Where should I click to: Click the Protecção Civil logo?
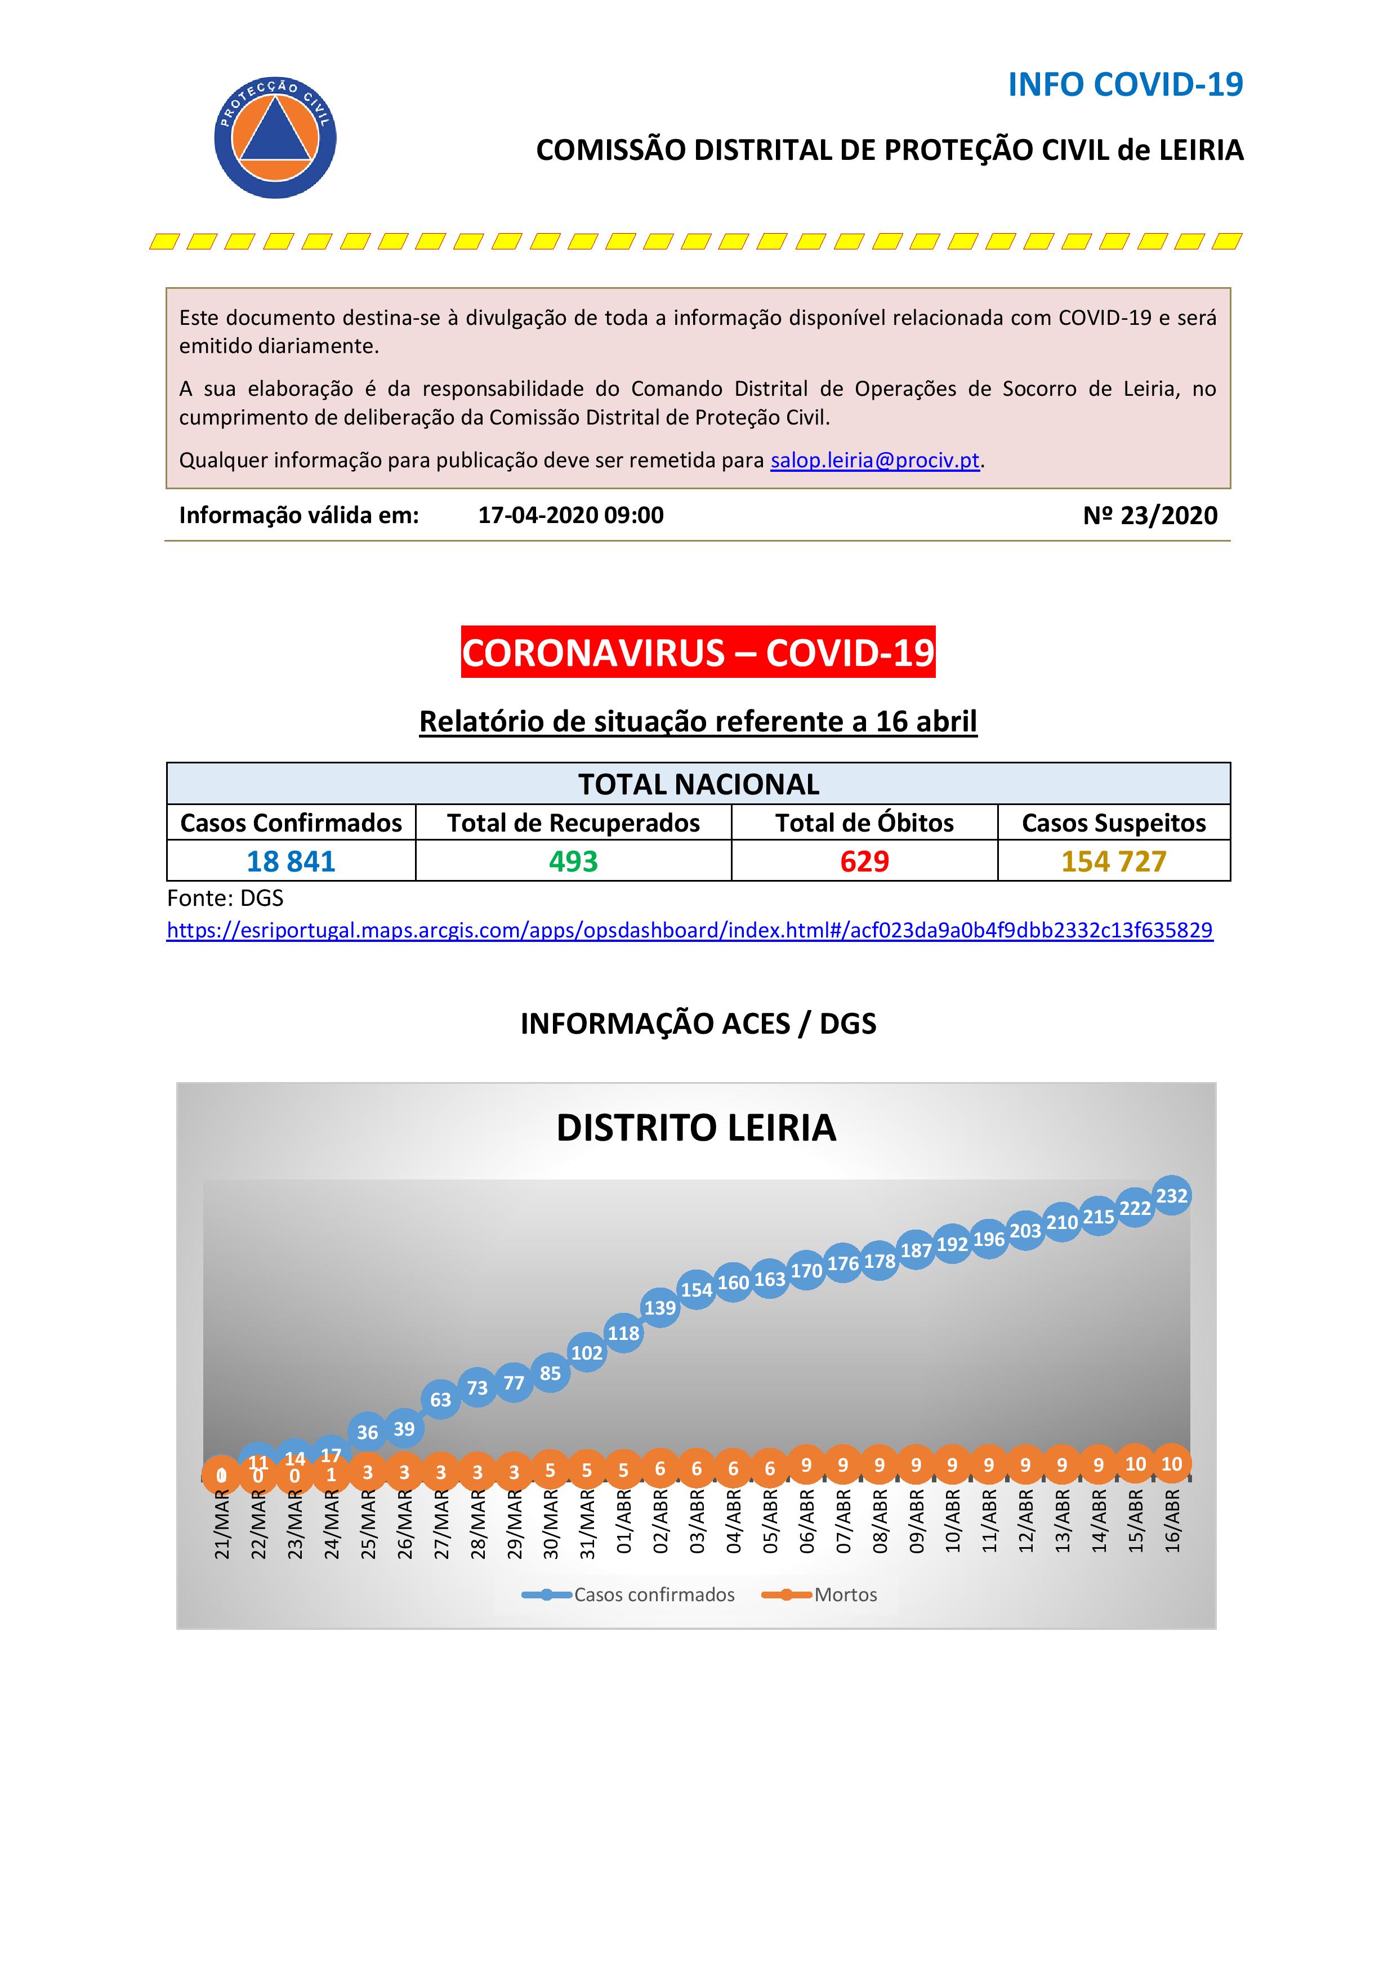click(275, 137)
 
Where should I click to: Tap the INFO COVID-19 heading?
click(1125, 84)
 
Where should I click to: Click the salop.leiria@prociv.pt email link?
click(875, 460)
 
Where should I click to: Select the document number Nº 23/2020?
click(1150, 515)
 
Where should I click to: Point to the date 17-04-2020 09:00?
click(570, 515)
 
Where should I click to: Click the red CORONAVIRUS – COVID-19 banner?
click(698, 652)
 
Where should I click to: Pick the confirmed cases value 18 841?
click(291, 861)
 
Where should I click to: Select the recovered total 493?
click(573, 861)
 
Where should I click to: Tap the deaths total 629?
click(864, 861)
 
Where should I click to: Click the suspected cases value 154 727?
click(1113, 861)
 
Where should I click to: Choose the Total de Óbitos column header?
click(864, 823)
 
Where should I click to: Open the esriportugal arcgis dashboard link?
click(689, 930)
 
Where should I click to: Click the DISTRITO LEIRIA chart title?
click(696, 1128)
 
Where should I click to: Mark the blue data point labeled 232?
click(1172, 1196)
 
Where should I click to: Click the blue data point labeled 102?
click(587, 1352)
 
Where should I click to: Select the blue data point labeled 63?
click(440, 1400)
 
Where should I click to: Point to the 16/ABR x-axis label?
click(1172, 1521)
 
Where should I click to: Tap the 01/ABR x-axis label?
click(624, 1521)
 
